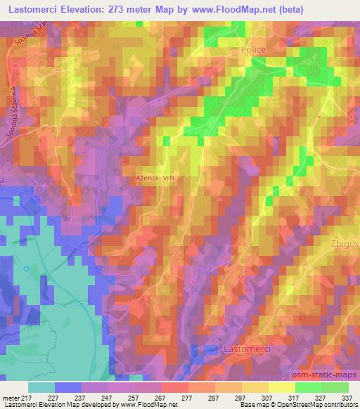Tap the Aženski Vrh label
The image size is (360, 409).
(155, 178)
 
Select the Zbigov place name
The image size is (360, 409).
(345, 244)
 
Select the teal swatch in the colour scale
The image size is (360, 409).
(41, 387)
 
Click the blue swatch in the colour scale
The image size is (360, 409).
(68, 387)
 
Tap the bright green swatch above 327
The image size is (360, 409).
(309, 387)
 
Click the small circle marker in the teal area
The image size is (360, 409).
(27, 268)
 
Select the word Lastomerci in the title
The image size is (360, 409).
(37, 11)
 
